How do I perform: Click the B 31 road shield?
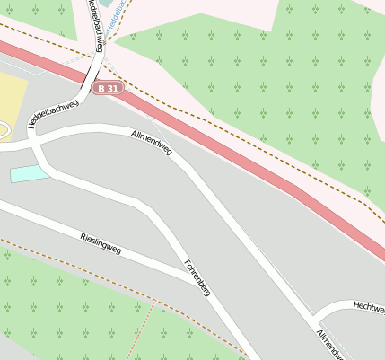(x=109, y=88)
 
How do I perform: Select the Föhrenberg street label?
(x=197, y=279)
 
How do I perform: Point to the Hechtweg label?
(x=368, y=307)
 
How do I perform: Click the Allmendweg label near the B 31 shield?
(x=152, y=144)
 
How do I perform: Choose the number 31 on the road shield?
(x=113, y=88)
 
